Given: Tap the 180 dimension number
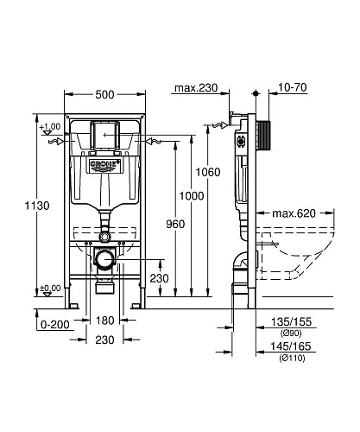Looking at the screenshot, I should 103,321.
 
